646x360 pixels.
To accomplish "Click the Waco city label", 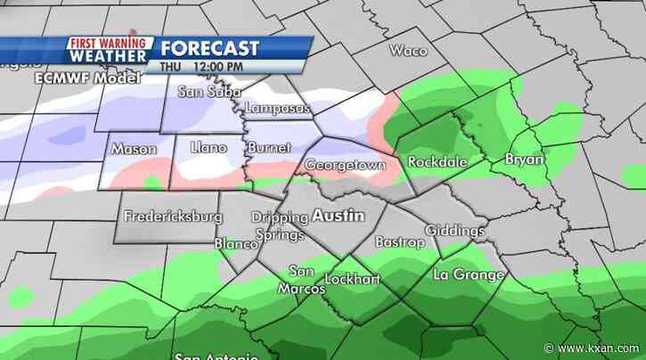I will (408, 50).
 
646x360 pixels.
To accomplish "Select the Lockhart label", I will (352, 279).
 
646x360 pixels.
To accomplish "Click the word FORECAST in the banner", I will (210, 47).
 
